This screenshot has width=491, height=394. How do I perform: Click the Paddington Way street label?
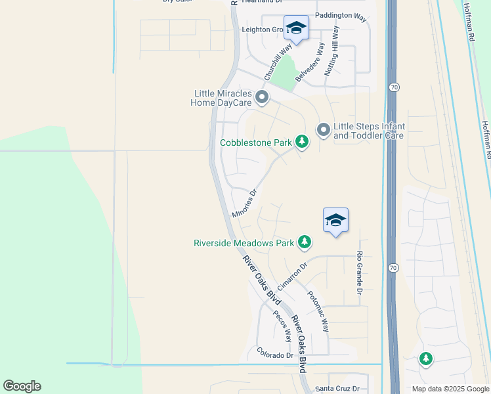[340, 17]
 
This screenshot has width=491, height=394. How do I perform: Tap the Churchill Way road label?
[278, 62]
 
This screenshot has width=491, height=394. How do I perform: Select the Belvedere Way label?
[310, 62]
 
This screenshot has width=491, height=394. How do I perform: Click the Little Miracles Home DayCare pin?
[263, 98]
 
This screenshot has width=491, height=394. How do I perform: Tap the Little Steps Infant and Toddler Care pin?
[323, 131]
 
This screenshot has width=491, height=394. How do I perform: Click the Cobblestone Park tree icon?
[301, 141]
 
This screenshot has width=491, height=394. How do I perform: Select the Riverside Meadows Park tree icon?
[304, 242]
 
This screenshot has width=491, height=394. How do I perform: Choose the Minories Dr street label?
[243, 204]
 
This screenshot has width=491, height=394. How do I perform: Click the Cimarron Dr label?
[292, 277]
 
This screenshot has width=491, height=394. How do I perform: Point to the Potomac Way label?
[318, 311]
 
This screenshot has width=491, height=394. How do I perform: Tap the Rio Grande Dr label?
[360, 272]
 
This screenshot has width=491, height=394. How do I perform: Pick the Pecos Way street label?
[283, 326]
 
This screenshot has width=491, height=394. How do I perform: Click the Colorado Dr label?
[275, 355]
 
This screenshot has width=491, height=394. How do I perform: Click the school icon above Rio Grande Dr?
[335, 220]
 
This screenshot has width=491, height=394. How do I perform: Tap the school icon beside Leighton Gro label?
[296, 28]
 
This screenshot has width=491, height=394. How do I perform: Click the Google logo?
[22, 386]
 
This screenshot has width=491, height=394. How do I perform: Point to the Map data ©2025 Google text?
[451, 389]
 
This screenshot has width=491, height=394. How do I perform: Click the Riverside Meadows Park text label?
[244, 243]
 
